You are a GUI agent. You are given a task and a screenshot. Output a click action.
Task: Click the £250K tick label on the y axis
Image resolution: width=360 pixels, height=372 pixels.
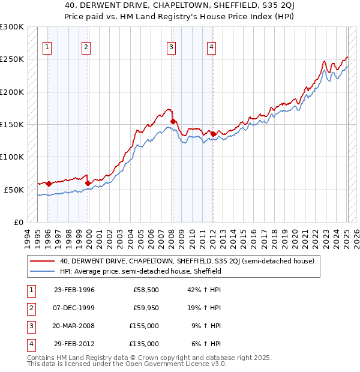coord(12,59)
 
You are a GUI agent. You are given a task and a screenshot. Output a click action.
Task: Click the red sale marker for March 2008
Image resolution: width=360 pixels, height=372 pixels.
coord(173,121)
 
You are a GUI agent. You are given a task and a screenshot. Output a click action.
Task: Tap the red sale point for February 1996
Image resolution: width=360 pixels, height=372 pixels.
coord(49,184)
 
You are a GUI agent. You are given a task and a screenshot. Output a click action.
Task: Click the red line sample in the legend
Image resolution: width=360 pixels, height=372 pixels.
coord(42,261)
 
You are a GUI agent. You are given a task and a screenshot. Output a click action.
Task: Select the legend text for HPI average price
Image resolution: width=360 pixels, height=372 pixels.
coord(141,271)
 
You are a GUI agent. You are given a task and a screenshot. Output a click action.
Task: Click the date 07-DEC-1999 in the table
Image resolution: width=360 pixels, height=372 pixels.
coord(74,308)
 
